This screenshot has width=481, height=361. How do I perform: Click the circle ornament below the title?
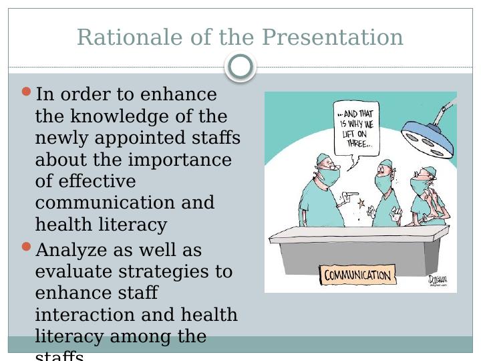(x=240, y=67)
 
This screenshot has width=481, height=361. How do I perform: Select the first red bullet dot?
(x=27, y=92)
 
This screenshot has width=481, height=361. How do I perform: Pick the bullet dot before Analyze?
(x=27, y=247)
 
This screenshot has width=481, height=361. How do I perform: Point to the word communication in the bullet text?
(x=125, y=203)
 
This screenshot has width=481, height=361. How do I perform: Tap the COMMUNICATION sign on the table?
(x=357, y=275)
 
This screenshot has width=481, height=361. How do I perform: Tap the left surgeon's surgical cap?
(x=324, y=158)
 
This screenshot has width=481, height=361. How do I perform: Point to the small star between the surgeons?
(x=361, y=202)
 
